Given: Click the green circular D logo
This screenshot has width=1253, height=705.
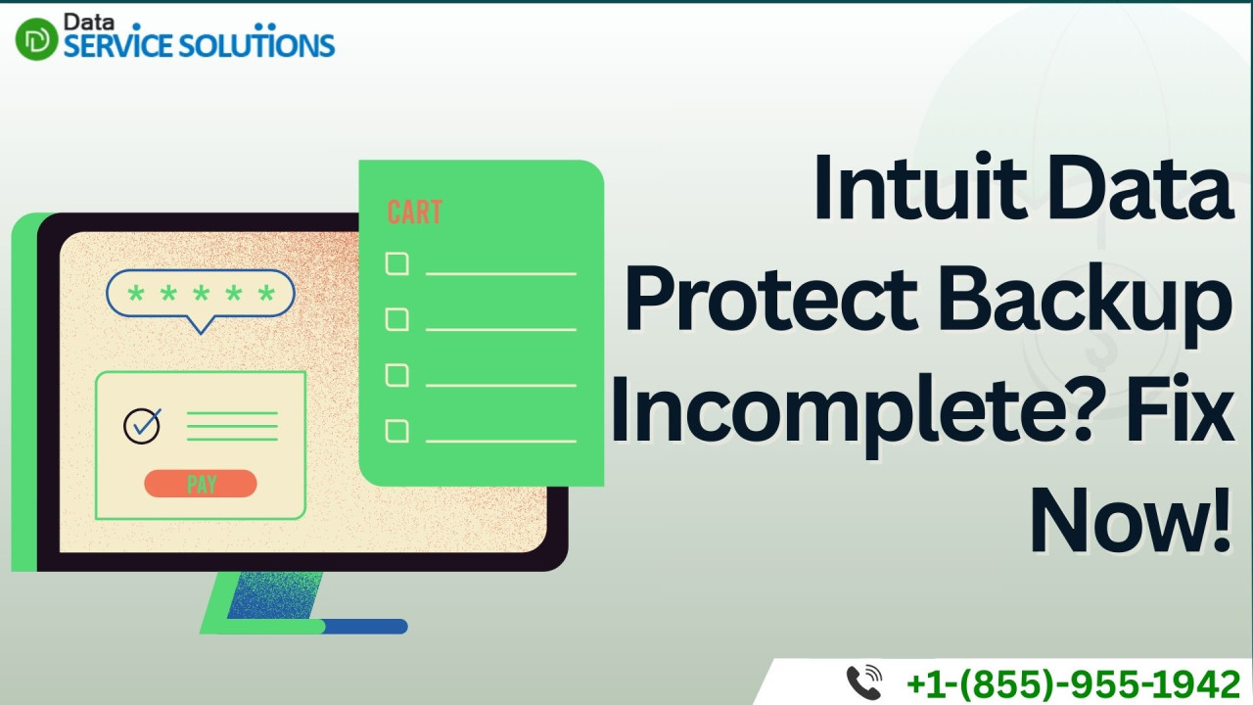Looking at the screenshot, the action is coord(36,39).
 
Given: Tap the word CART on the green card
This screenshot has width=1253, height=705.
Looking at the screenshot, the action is coord(414,212).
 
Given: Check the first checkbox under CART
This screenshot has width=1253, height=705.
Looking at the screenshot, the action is coord(397,263).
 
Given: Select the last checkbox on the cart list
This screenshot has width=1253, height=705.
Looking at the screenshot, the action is coord(397,431).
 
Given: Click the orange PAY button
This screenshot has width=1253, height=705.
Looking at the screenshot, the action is coord(201,484).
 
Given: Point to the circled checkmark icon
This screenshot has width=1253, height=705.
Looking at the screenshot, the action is coord(142,426).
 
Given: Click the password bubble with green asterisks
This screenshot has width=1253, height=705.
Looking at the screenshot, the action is coord(201,295).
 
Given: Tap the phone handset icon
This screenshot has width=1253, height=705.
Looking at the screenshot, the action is coord(863,682).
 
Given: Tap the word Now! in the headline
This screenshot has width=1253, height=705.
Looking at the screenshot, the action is coord(1131,520).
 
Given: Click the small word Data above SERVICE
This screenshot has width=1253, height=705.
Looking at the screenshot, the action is coord(89,22).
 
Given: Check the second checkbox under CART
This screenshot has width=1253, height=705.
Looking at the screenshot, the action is coord(397,319).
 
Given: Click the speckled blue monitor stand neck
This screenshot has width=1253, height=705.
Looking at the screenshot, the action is coord(274,595).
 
